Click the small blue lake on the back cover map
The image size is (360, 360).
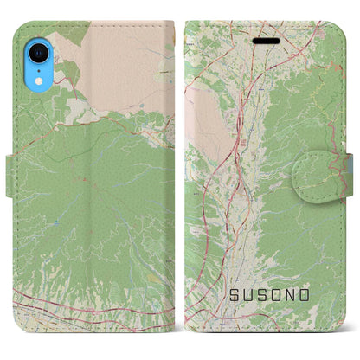point(54,223)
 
